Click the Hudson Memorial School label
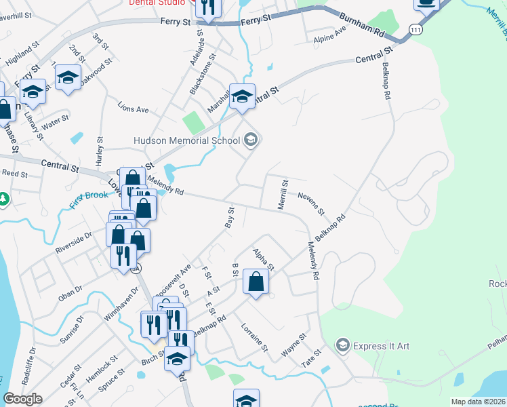pos(188,141)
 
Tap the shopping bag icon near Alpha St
pos(256,282)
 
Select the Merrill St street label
pos(283,193)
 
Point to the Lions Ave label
pos(133,109)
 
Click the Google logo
pos(22,399)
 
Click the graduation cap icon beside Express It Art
pos(343,346)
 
